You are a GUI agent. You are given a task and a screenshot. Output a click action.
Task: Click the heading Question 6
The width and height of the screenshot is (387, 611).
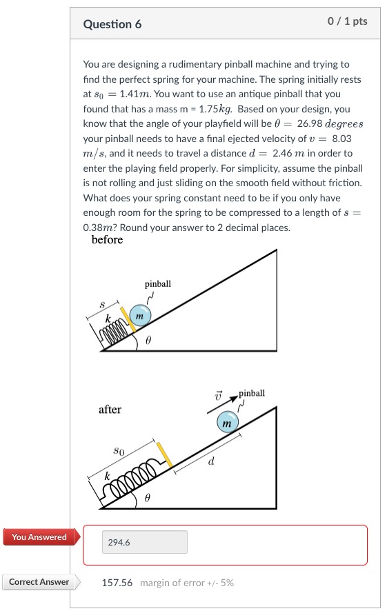(112, 24)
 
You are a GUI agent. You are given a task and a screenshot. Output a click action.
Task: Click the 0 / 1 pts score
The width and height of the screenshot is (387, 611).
(348, 21)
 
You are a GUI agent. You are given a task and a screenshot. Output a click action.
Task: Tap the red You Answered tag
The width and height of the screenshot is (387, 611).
(39, 537)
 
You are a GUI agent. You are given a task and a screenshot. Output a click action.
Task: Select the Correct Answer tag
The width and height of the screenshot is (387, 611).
(39, 582)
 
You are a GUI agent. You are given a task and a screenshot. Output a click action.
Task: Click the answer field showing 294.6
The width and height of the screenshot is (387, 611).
(145, 542)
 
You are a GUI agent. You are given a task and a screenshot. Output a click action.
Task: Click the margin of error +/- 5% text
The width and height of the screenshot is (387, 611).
(186, 583)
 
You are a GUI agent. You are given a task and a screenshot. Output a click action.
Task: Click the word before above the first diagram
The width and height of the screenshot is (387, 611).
(107, 240)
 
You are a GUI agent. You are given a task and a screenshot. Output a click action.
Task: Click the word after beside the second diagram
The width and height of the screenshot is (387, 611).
(110, 410)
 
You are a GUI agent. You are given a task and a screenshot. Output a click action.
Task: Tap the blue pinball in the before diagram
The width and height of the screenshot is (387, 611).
(139, 314)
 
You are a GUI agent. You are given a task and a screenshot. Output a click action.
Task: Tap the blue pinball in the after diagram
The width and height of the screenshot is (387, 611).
(227, 421)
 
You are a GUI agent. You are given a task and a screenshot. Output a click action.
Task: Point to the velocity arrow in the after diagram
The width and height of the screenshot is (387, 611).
(221, 404)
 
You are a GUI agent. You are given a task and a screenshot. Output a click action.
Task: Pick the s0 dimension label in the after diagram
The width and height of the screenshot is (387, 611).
(119, 450)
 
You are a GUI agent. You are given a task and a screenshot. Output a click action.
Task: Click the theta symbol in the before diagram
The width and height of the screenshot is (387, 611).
(147, 341)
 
